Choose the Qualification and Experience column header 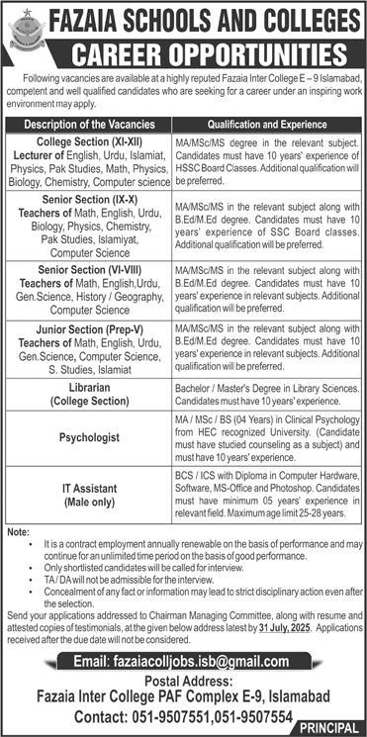(267, 126)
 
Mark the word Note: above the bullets (18, 533)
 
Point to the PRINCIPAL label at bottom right (325, 728)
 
